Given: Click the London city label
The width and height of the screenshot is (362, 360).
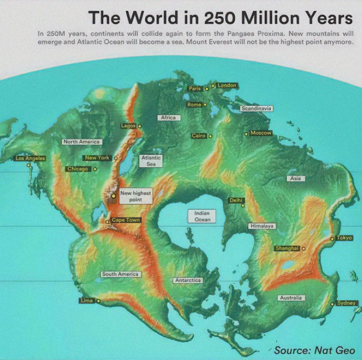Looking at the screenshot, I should click(227, 85).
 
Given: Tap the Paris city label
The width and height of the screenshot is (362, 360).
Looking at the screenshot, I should click(194, 89).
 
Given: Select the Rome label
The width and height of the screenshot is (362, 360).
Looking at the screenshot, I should click(194, 104).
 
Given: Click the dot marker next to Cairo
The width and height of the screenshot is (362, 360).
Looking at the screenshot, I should click(210, 136).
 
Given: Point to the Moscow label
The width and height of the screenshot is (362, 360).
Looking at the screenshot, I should click(261, 133).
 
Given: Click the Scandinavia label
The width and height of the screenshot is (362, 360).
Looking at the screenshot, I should click(257, 108).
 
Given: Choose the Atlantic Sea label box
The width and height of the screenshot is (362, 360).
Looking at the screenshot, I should click(151, 160).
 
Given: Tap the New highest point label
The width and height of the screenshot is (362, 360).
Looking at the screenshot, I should click(135, 196).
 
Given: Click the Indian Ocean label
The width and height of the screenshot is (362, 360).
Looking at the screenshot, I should click(202, 216).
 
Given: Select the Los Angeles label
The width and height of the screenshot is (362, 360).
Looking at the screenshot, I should click(30, 158).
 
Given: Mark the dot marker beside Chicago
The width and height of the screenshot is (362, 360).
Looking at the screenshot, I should click(95, 169).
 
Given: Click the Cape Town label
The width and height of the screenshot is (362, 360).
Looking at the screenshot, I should click(126, 220).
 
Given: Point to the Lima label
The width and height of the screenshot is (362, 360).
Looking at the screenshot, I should click(86, 300).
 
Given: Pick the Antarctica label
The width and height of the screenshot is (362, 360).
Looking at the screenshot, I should click(188, 280).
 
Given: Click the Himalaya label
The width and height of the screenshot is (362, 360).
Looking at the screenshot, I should click(262, 226).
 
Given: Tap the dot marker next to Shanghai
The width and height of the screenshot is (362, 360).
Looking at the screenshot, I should click(304, 248).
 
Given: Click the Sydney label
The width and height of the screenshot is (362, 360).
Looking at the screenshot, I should click(346, 303).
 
